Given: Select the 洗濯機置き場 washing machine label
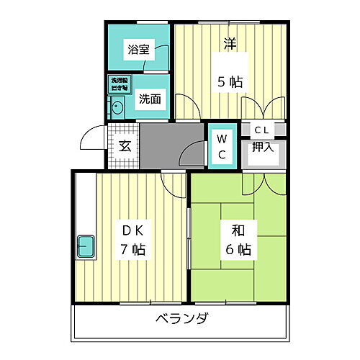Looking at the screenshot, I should (x=118, y=83).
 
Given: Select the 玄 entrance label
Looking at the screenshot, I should (x=124, y=146).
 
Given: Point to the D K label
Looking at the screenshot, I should (x=132, y=232).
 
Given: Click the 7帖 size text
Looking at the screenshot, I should (x=132, y=251).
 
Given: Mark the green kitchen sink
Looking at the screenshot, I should (x=87, y=248).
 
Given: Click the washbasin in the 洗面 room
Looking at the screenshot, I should (x=117, y=109).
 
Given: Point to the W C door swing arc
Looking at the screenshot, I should (x=193, y=153).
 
